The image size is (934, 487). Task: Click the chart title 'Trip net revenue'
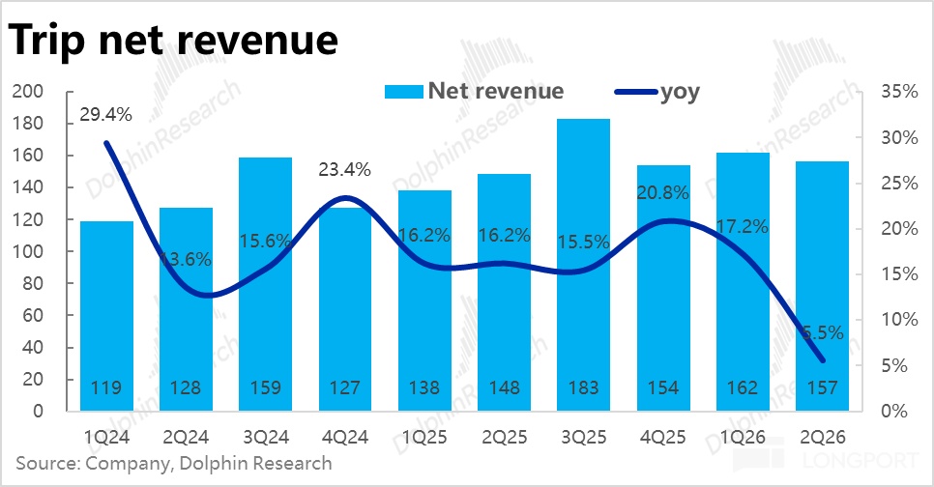click(173, 40)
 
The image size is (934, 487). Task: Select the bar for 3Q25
click(584, 265)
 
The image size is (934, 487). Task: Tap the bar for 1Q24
click(106, 316)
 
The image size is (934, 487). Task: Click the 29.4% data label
click(106, 114)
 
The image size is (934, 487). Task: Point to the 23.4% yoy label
click(344, 170)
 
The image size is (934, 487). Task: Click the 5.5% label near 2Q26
click(822, 332)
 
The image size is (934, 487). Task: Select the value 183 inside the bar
click(584, 387)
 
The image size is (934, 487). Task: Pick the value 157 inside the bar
click(823, 387)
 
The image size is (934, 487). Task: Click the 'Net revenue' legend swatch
click(403, 92)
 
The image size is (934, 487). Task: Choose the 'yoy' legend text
click(680, 93)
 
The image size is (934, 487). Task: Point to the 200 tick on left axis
click(28, 91)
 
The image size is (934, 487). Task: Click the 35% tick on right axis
click(899, 91)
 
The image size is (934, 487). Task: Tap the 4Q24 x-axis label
click(344, 438)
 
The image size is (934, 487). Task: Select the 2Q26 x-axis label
click(823, 438)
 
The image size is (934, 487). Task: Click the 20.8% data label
click(663, 192)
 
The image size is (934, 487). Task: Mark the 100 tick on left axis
click(28, 251)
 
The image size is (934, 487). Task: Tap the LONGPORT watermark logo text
click(861, 460)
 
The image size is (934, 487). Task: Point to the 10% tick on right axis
click(899, 320)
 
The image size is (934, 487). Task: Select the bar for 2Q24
click(186, 309)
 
